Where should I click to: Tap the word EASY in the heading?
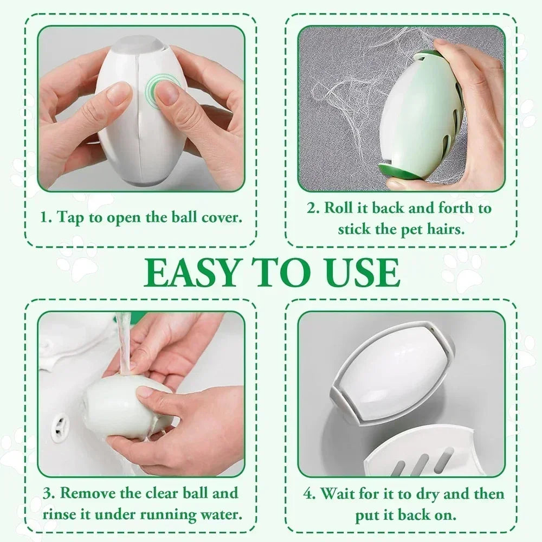coord(191,273)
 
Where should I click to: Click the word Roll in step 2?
coord(335,208)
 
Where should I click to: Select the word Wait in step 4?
coord(337,494)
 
